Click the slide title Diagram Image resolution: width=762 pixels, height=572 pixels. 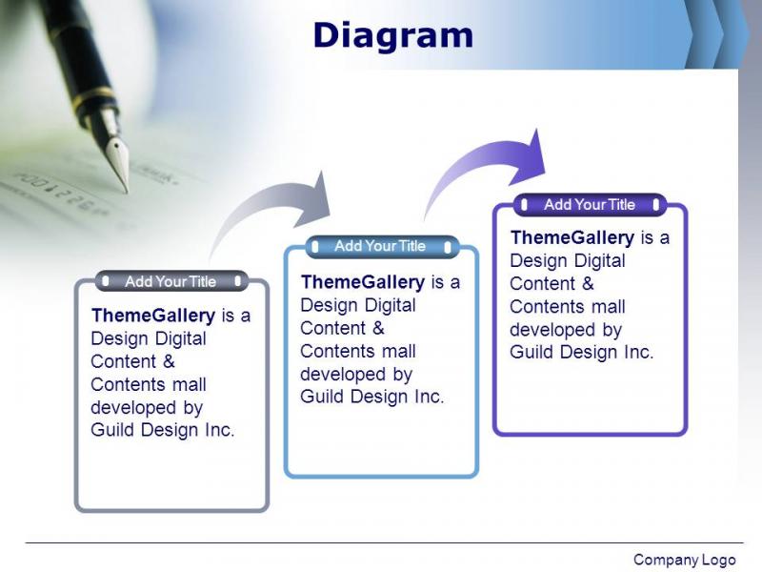click(393, 36)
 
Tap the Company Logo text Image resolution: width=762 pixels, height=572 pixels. click(684, 560)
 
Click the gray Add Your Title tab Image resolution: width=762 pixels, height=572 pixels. click(171, 281)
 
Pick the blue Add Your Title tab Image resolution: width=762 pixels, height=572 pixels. click(381, 246)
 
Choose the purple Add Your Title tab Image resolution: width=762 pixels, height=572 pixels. click(590, 204)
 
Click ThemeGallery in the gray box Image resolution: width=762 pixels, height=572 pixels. click(153, 316)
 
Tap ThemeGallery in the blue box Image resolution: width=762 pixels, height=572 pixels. click(363, 282)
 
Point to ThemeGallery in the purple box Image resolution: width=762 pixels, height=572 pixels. click(572, 237)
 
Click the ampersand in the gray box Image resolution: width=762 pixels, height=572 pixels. click(169, 361)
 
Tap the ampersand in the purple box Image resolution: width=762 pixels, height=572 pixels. click(588, 283)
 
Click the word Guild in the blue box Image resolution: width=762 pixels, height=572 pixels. click(322, 397)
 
